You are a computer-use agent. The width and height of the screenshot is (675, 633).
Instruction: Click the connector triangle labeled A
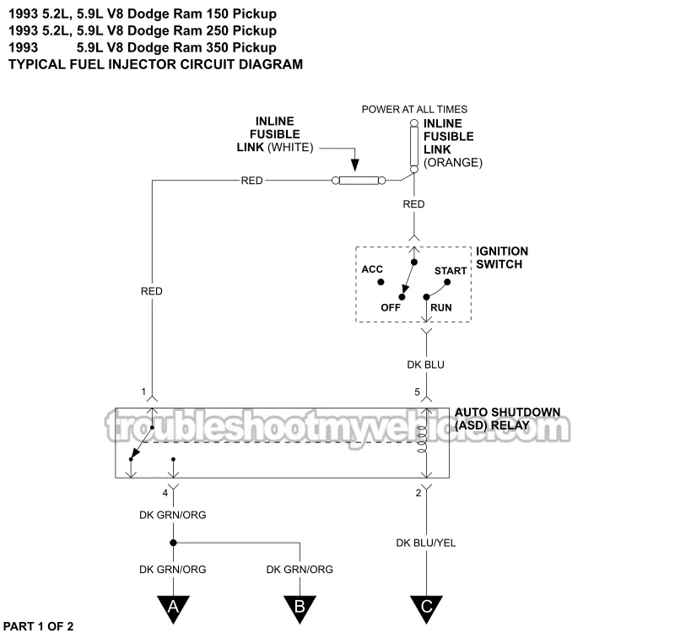[x=173, y=606]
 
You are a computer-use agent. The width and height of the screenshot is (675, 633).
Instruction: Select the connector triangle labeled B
[x=300, y=606]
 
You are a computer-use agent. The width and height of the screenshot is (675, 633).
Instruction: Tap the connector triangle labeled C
[x=426, y=606]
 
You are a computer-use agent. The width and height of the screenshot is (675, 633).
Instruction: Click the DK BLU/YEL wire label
[x=426, y=543]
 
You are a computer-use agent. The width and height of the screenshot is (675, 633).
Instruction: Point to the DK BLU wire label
[x=426, y=365]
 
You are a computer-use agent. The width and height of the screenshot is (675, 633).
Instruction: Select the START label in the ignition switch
[x=451, y=271]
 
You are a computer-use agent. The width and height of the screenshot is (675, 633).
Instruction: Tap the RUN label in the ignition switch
[x=440, y=307]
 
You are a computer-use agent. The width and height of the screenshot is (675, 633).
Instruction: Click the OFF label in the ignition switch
[x=391, y=307]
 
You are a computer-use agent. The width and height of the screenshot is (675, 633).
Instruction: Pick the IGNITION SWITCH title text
[x=502, y=257]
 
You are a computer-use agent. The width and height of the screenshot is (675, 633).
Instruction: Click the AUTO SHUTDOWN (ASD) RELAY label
[x=507, y=419]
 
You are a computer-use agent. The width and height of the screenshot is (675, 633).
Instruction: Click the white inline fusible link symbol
[x=358, y=180]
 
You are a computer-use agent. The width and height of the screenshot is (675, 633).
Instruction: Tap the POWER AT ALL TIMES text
[x=414, y=110]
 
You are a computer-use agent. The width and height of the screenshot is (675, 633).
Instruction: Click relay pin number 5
[x=417, y=392]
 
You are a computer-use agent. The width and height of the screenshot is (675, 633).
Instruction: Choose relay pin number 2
[x=418, y=492]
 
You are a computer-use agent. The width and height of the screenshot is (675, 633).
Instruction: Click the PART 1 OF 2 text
[x=40, y=625]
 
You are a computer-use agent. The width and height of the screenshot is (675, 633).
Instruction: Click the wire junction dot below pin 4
[x=173, y=543]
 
